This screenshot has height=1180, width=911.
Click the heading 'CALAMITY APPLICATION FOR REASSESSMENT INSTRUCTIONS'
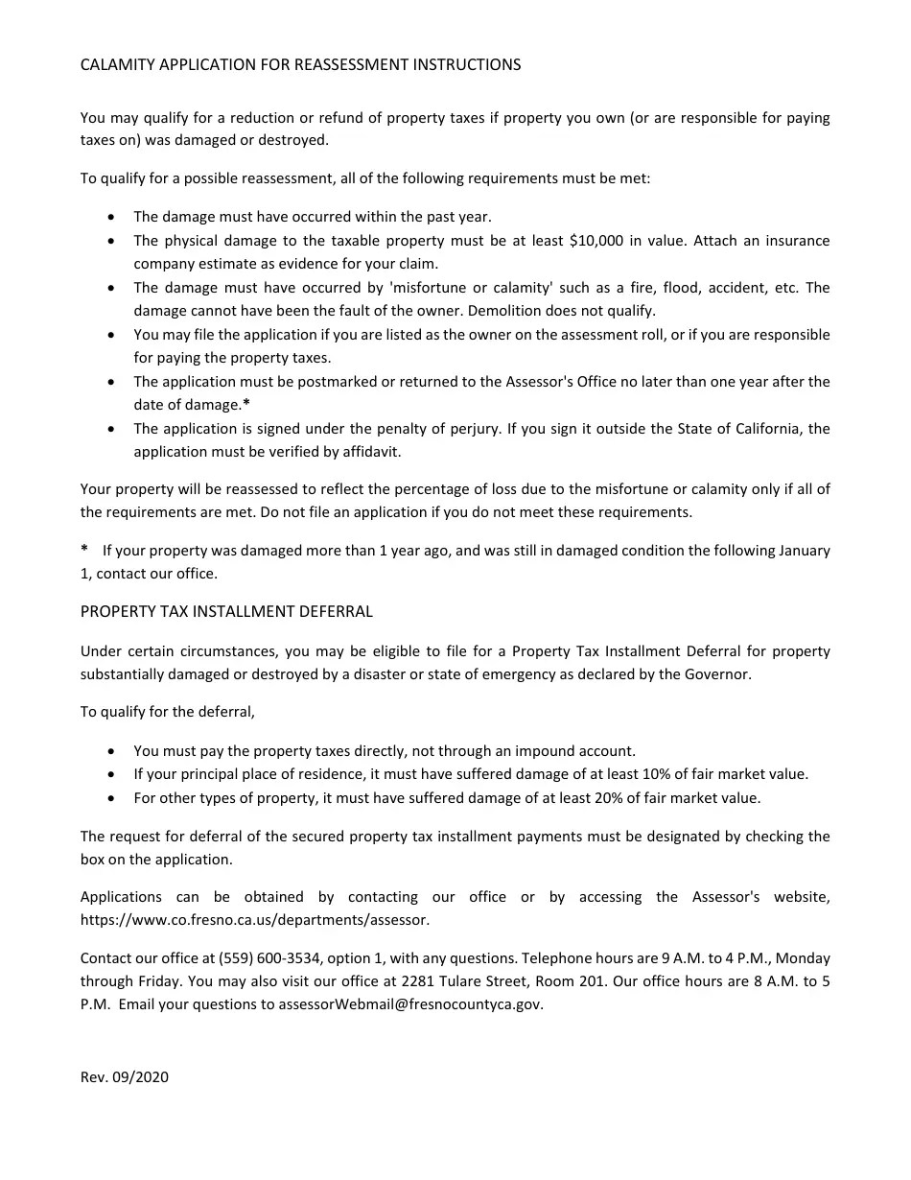[x=300, y=64]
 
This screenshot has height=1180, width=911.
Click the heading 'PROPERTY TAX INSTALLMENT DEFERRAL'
[x=226, y=611]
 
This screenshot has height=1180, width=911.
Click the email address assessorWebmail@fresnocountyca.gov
[x=410, y=1004]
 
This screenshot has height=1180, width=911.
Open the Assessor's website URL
[x=254, y=920]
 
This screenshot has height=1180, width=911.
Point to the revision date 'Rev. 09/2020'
[x=125, y=1077]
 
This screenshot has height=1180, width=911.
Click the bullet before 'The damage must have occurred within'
[x=113, y=218]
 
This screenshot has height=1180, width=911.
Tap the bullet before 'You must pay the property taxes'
[x=113, y=751]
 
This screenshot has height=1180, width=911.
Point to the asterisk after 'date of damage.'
[x=246, y=404]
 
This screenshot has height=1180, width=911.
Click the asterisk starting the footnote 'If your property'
[x=84, y=550]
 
